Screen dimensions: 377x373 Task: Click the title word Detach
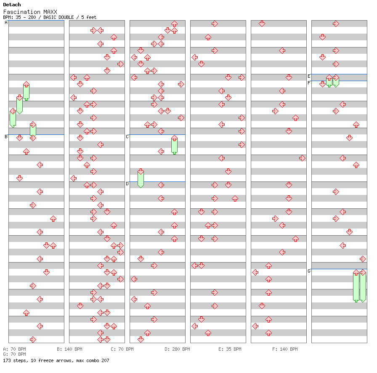click(x=12, y=5)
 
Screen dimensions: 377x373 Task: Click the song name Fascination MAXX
click(x=30, y=12)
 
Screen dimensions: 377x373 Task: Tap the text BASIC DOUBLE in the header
click(x=58, y=17)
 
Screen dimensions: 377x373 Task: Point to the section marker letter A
click(x=6, y=23)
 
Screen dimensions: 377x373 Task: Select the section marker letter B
click(x=6, y=137)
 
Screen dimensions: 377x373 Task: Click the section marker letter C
click(x=127, y=137)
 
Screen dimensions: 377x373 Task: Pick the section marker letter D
click(x=127, y=184)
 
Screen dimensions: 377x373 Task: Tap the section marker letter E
click(x=309, y=76)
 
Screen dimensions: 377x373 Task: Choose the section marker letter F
click(x=309, y=83)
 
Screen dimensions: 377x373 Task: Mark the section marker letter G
click(x=309, y=271)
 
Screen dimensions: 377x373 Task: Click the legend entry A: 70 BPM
click(x=14, y=349)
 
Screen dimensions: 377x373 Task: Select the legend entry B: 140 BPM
click(x=69, y=349)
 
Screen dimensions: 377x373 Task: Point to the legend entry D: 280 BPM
click(x=177, y=349)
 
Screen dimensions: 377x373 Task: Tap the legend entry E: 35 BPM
click(x=230, y=349)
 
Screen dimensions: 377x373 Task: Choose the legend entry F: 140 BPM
click(x=285, y=349)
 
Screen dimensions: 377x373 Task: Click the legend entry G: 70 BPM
click(x=14, y=354)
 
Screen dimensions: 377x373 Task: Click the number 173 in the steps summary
click(x=7, y=360)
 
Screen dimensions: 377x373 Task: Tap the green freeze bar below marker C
click(x=174, y=145)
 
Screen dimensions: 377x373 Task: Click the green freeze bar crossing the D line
click(x=141, y=179)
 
